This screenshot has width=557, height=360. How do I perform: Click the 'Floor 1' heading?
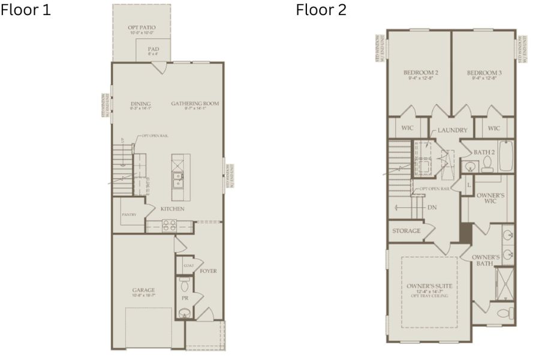(25, 10)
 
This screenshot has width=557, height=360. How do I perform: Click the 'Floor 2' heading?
(321, 10)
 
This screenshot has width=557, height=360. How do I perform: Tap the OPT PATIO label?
(141, 28)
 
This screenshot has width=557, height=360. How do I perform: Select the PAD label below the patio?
(153, 49)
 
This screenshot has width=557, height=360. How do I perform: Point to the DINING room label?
(140, 104)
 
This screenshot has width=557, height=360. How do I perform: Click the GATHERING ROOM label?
(195, 104)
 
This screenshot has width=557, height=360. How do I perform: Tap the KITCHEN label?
(172, 209)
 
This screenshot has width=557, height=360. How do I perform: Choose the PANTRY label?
(129, 214)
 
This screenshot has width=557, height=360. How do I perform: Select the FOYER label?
(209, 271)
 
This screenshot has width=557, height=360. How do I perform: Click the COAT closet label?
(188, 265)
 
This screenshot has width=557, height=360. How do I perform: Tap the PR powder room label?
(185, 298)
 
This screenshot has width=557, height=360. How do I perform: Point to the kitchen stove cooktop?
(169, 226)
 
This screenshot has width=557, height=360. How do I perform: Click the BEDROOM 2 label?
(420, 73)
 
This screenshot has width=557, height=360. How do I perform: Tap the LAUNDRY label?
(452, 130)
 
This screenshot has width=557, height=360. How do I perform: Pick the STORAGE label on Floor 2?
(406, 231)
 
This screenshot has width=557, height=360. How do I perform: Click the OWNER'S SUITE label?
(429, 286)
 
